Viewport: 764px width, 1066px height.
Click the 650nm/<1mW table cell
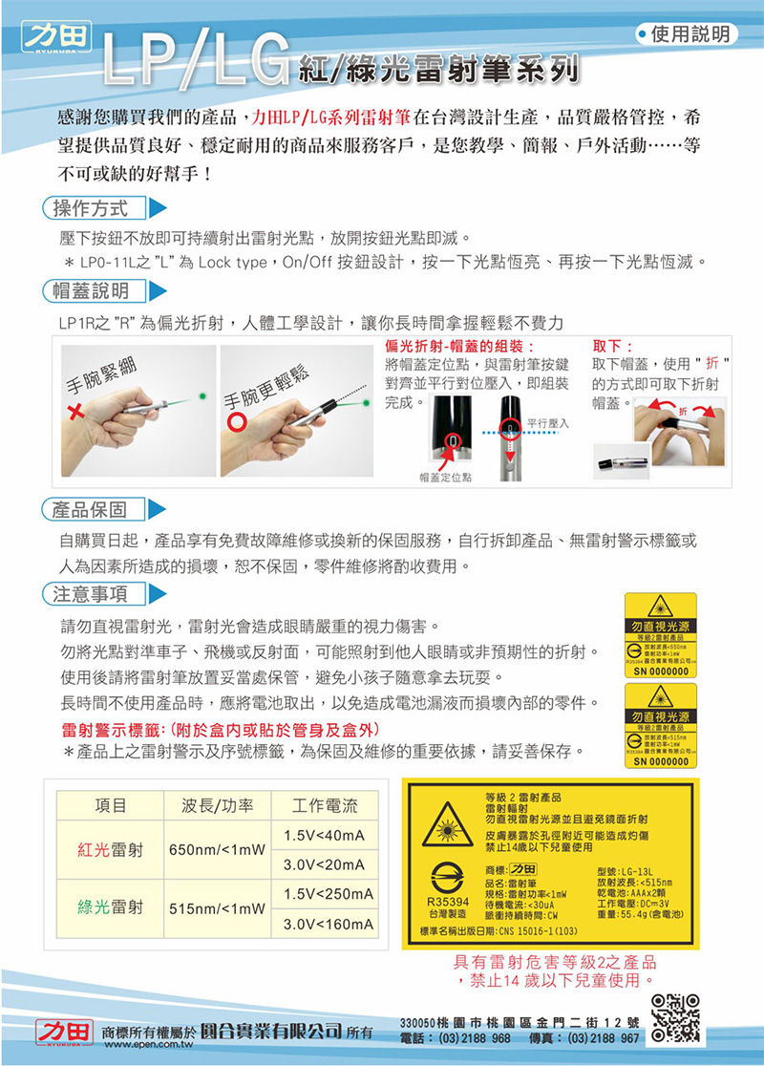(x=217, y=850)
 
